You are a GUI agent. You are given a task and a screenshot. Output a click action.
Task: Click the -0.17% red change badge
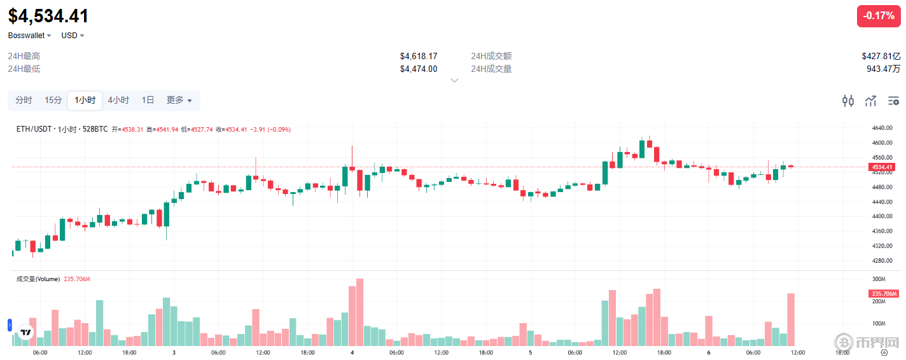click(879, 16)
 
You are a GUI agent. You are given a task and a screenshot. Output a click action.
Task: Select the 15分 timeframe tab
click(53, 100)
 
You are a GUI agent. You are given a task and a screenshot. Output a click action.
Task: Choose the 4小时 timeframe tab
click(118, 100)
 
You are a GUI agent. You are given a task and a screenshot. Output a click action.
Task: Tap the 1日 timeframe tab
click(148, 100)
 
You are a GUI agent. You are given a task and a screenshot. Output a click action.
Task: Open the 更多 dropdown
click(179, 100)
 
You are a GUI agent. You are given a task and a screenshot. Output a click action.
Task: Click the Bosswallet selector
click(30, 36)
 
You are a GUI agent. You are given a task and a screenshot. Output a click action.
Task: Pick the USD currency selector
click(73, 36)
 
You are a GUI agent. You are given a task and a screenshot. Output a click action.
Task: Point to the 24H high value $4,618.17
click(419, 56)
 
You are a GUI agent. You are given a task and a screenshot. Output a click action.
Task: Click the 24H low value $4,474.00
click(419, 69)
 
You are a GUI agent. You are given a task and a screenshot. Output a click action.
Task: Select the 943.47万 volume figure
click(883, 69)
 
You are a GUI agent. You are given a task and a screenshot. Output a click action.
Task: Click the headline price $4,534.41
click(48, 16)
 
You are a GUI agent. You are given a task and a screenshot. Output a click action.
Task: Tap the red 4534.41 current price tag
click(883, 167)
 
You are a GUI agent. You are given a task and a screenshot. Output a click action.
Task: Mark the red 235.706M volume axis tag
click(883, 294)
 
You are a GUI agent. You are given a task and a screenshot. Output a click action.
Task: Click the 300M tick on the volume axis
click(879, 279)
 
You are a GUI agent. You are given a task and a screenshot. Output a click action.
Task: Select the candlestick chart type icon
click(848, 100)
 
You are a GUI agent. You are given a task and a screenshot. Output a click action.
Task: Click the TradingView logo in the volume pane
click(26, 332)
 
